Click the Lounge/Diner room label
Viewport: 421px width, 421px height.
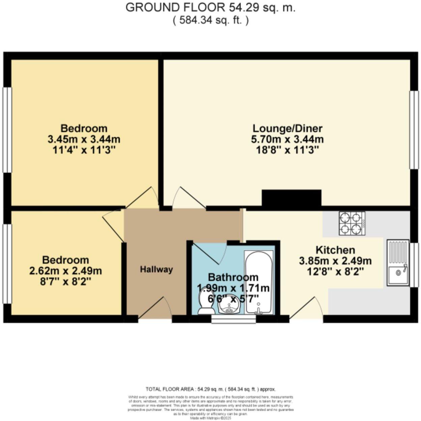(x=287, y=129)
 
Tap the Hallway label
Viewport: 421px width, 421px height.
(x=157, y=270)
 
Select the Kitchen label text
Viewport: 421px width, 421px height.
(x=335, y=250)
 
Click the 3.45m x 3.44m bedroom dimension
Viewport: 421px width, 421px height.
(x=84, y=139)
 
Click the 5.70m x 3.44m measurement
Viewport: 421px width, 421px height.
(x=287, y=139)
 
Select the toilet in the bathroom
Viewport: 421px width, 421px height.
(x=205, y=302)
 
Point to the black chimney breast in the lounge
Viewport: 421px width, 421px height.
(x=291, y=198)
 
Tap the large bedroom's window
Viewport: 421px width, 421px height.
(x=7, y=130)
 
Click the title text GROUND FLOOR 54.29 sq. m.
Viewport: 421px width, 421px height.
(x=210, y=8)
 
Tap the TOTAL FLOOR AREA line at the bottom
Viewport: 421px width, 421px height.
(x=210, y=389)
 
